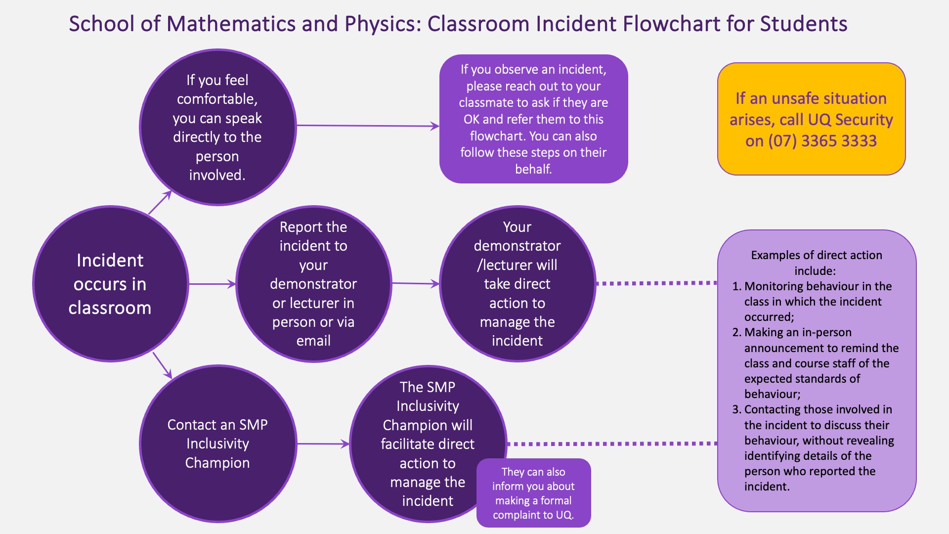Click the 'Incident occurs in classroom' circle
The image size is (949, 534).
click(x=110, y=284)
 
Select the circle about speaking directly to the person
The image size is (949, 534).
click(x=217, y=127)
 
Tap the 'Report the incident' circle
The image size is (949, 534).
click(x=313, y=284)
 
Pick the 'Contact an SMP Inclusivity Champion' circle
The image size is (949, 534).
click(x=217, y=444)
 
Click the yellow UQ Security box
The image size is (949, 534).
click(x=811, y=119)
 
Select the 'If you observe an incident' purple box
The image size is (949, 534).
click(x=533, y=119)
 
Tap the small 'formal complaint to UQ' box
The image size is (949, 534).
click(x=533, y=493)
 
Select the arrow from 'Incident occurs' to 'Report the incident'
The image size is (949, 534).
click(x=212, y=284)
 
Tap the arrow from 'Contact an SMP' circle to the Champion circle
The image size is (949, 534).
click(x=323, y=444)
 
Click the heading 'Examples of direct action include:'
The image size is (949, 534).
click(x=816, y=263)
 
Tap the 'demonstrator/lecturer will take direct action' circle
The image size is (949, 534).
click(x=517, y=284)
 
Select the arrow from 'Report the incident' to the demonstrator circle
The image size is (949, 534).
click(x=415, y=284)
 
